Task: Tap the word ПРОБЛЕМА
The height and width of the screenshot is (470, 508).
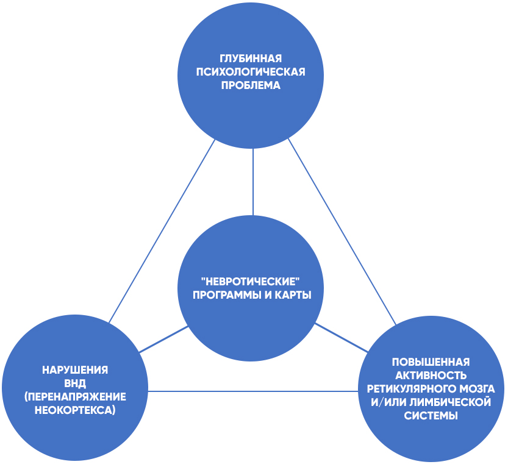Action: click(x=250, y=86)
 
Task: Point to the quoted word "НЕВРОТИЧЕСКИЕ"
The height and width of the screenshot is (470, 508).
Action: click(x=252, y=282)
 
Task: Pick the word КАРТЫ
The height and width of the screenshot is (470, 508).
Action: click(x=294, y=296)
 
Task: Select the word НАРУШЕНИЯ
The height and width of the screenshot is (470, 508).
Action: click(x=76, y=370)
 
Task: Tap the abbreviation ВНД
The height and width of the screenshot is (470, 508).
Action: click(x=75, y=383)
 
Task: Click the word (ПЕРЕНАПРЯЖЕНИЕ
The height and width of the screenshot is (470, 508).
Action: click(x=76, y=397)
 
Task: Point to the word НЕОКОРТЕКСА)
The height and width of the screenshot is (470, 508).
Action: click(x=76, y=410)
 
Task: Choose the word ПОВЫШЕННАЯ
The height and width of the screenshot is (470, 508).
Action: click(x=431, y=361)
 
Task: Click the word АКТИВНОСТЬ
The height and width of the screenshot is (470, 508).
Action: click(x=431, y=375)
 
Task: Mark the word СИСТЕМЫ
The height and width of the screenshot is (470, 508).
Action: click(x=431, y=416)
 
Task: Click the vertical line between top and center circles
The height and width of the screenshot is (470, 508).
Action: click(x=253, y=183)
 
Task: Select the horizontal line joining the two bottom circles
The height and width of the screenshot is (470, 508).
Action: click(x=253, y=391)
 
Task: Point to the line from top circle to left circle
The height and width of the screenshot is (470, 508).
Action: click(x=162, y=232)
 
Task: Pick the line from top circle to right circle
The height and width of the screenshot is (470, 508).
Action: click(x=342, y=232)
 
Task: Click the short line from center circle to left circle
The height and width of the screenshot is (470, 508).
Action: click(x=163, y=340)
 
